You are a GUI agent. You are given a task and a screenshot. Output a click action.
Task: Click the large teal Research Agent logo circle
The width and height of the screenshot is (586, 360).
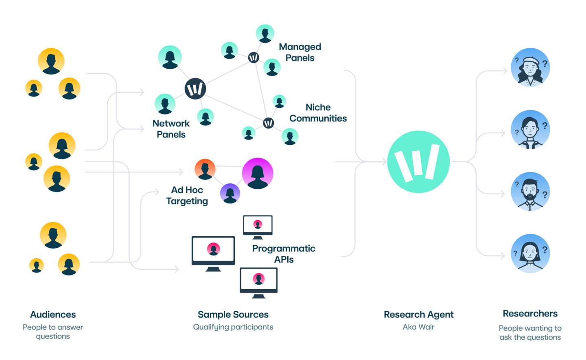418,162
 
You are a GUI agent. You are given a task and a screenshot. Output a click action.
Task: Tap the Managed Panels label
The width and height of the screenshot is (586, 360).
300,52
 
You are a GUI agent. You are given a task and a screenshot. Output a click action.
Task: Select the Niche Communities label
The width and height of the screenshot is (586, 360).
318,113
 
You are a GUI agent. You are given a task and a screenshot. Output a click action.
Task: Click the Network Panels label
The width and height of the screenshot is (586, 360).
171,129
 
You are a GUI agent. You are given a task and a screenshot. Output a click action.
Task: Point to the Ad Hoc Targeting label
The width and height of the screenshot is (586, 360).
187,196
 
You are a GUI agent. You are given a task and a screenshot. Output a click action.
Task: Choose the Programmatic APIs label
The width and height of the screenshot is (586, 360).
284,254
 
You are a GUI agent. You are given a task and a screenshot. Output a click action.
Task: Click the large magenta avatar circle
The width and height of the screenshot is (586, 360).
258,173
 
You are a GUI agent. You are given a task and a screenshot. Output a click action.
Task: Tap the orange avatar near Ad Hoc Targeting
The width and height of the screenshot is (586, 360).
205,169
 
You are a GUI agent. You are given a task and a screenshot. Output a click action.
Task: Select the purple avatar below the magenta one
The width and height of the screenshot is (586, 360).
230,194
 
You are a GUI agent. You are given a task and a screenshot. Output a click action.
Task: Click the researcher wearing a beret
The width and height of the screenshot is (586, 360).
530,68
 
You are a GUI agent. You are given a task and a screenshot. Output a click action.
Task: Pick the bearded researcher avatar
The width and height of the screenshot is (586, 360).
530,191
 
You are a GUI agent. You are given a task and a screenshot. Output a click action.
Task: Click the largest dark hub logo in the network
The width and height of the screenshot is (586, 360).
195,89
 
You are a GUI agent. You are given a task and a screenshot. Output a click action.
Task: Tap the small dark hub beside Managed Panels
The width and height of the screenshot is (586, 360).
254,57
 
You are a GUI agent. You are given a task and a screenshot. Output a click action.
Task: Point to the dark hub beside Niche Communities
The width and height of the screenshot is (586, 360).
269,123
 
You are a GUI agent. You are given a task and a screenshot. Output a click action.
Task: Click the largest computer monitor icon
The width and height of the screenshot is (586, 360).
213,254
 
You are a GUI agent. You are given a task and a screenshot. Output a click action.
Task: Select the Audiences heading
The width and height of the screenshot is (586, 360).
53,314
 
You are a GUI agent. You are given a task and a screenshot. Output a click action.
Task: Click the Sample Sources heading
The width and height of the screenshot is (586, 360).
233,314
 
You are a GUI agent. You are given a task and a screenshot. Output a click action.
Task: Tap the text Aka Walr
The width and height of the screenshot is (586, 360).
418,327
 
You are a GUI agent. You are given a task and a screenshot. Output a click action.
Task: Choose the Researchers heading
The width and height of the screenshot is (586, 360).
530,314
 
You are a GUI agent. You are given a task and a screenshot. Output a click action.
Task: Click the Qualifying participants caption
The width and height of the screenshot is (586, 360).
233,327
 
